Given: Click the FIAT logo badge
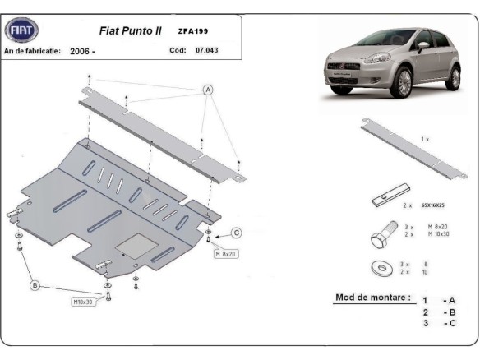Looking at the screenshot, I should tap(21, 31).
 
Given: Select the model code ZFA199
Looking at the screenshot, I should tap(193, 32).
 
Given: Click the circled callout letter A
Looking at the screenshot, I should tap(208, 90).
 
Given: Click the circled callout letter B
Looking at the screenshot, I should tap(35, 285).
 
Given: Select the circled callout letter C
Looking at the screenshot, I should tap(236, 233).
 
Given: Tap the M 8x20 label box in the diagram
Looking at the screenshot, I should tap(225, 254).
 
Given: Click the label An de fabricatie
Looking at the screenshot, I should tap(33, 51).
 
